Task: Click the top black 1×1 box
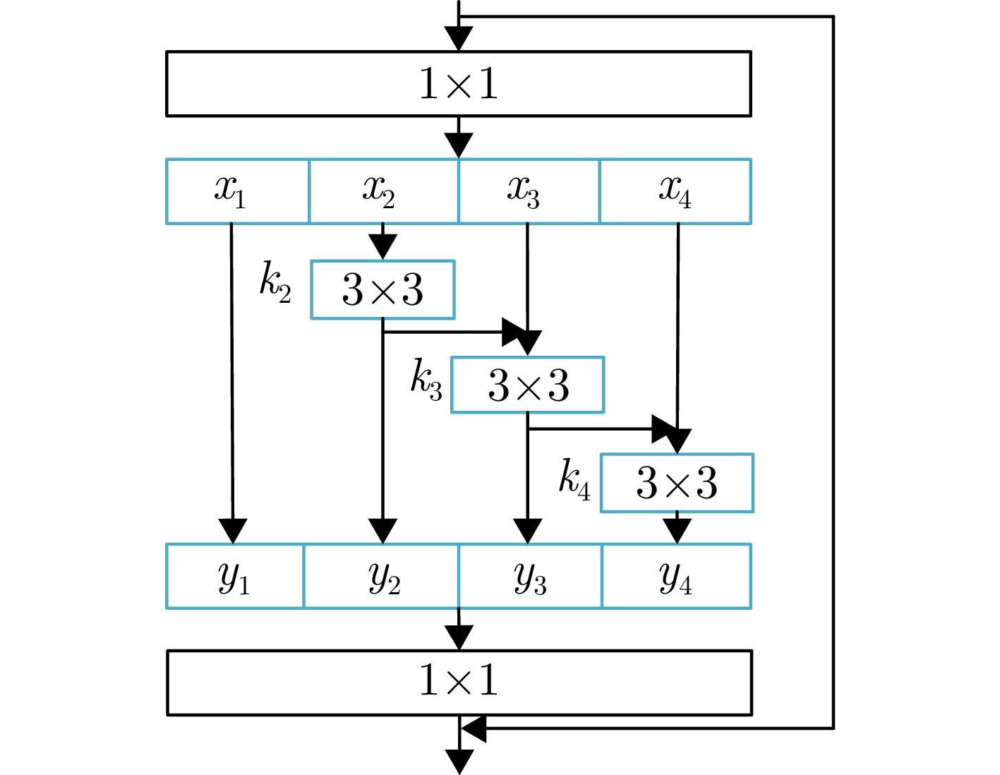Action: pos(458,83)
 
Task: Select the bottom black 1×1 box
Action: pos(459,682)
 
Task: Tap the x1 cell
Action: pos(237,191)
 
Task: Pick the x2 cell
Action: pos(383,191)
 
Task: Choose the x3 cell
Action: pos(529,191)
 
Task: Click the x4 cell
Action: pos(675,191)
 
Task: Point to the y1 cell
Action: pos(235,576)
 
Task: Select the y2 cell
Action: pos(381,576)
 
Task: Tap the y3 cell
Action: pos(530,576)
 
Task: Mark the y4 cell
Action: pos(676,576)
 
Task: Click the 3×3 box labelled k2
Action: pos(382,289)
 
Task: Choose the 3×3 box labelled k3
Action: pos(528,385)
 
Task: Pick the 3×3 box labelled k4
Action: pos(677,483)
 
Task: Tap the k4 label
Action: pos(574,479)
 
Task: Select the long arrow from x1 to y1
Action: pos(231,374)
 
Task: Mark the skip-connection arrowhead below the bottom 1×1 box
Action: pos(474,728)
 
